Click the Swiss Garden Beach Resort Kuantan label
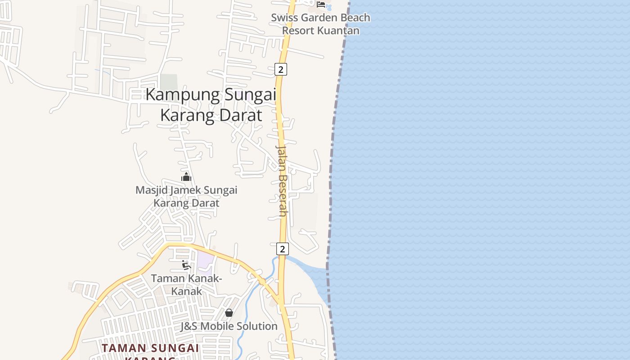tap(320, 24)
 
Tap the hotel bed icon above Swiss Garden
tap(321, 4)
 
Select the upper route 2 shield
tap(281, 69)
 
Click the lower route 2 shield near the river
tap(282, 249)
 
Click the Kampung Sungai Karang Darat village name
tap(211, 105)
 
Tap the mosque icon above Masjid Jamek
tap(186, 177)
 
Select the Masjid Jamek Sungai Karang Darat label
tap(186, 196)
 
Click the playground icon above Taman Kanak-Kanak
tap(186, 265)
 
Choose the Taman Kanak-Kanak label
tap(186, 284)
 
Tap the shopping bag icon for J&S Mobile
tap(229, 312)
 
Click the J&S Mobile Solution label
tap(229, 326)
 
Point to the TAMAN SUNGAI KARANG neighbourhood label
tap(150, 349)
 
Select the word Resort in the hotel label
tap(299, 31)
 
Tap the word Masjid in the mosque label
tap(152, 190)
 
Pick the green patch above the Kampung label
tap(169, 82)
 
